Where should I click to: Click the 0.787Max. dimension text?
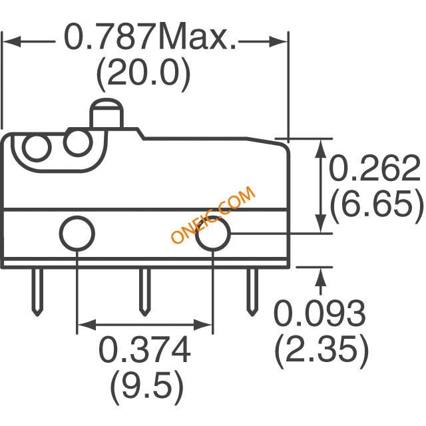click(150, 37)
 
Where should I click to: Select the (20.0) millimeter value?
click(144, 73)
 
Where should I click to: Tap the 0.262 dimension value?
click(375, 168)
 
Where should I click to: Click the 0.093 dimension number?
click(319, 313)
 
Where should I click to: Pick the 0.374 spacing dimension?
click(144, 349)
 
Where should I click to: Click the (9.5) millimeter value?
click(147, 387)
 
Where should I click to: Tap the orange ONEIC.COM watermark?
click(213, 214)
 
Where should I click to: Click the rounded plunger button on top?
click(106, 114)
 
